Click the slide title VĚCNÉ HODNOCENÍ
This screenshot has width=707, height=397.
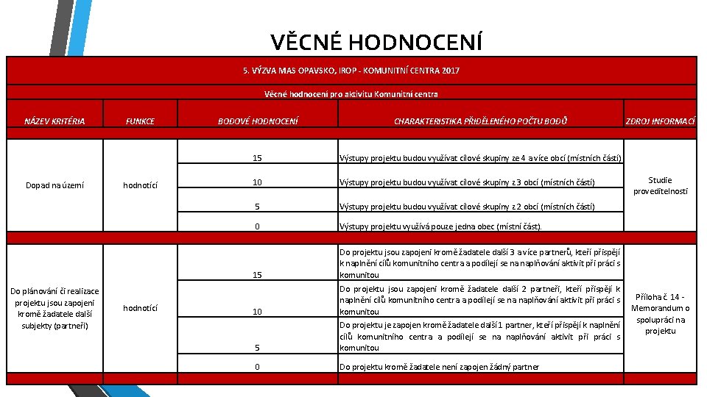tap(376, 42)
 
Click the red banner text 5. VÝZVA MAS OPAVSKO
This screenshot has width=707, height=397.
tap(351, 71)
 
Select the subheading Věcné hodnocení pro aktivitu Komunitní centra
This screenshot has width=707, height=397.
tap(351, 93)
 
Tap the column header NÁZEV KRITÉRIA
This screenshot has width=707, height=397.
tap(54, 121)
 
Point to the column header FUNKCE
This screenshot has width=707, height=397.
tap(140, 121)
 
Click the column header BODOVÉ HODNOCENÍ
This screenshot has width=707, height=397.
tap(258, 121)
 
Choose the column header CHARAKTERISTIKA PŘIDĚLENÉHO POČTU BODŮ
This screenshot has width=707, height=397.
tap(480, 121)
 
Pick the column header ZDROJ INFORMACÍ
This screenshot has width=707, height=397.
tap(660, 121)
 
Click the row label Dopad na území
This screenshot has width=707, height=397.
tap(54, 185)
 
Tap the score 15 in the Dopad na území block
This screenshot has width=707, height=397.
tap(257, 158)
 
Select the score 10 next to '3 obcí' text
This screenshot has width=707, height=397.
tap(257, 182)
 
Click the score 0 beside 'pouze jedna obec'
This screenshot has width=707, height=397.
tap(257, 226)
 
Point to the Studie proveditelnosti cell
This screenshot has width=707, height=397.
tap(660, 185)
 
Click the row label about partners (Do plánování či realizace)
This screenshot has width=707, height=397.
tap(54, 308)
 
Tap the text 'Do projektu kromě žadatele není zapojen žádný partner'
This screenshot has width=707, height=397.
tap(439, 367)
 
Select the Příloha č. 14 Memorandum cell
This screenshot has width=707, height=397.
tap(660, 314)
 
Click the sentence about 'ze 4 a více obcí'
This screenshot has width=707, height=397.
tap(480, 158)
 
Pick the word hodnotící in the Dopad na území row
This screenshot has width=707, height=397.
tap(140, 185)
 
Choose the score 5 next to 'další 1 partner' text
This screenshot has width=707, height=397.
tap(257, 347)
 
